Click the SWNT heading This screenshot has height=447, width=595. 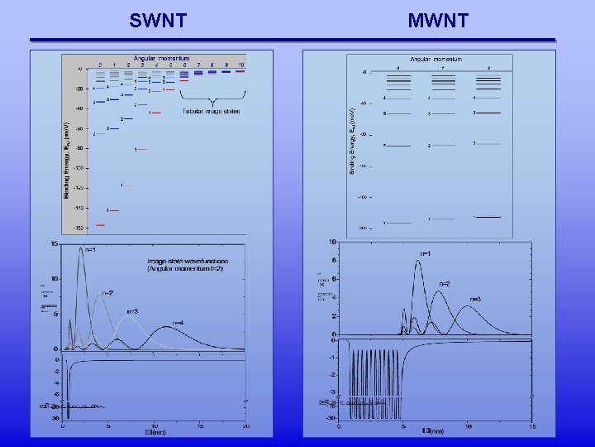158,20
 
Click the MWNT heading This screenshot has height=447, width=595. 438,20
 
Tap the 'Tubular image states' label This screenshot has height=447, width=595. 211,111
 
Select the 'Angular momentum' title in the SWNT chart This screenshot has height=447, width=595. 162,59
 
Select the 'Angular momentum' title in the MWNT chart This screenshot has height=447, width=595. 436,60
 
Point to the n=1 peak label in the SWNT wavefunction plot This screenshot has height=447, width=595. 92,250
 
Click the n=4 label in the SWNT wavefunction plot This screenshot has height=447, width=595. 177,323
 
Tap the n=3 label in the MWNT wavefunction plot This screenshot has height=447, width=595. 475,299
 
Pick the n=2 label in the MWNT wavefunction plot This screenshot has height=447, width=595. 444,284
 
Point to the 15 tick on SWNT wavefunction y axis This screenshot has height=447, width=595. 54,244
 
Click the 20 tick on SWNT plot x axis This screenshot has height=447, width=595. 245,425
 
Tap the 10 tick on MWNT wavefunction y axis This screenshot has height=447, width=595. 331,243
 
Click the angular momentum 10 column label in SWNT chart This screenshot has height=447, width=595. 240,65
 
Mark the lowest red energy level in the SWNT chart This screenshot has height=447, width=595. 101,224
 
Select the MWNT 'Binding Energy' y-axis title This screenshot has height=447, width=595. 351,140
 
